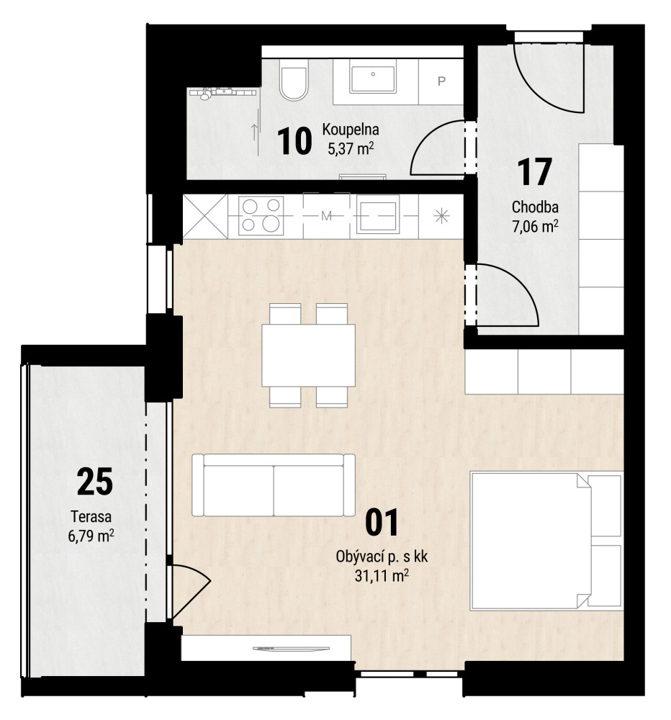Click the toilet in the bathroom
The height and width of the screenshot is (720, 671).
[x=294, y=84]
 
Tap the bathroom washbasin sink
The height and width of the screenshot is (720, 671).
[x=372, y=79]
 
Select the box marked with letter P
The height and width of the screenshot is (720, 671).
[x=441, y=81]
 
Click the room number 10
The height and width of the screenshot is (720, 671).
[x=294, y=141]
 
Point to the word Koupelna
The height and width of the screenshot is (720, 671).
[x=351, y=130]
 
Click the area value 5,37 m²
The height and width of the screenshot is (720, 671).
[x=350, y=148]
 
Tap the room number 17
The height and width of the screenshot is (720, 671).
[x=534, y=172]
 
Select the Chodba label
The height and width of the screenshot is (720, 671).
[x=535, y=207]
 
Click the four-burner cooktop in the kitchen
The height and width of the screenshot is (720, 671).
[x=261, y=215]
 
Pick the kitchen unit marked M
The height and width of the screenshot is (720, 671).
[x=326, y=216]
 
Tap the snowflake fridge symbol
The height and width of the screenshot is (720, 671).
[x=441, y=216]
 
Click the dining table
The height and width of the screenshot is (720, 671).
[x=308, y=355]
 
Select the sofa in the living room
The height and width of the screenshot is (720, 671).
[x=274, y=485]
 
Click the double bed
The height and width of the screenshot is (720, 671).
[x=546, y=541]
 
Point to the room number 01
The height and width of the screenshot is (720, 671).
[x=382, y=523]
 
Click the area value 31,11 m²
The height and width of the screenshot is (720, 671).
[x=382, y=575]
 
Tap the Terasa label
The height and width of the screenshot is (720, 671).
[x=91, y=516]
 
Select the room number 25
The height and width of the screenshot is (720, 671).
[x=95, y=481]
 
